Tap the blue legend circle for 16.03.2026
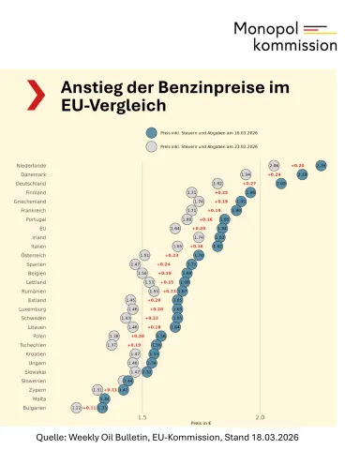pyautogui.click(x=152, y=133)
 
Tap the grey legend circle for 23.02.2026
pyautogui.click(x=152, y=147)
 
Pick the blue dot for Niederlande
pyautogui.click(x=322, y=165)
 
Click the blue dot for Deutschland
pyautogui.click(x=281, y=184)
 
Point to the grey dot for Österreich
pyautogui.click(x=144, y=255)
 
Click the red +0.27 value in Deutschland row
pyautogui.click(x=250, y=184)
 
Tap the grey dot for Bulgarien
pyautogui.click(x=77, y=408)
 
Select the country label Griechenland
pyautogui.click(x=30, y=201)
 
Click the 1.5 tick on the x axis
pyautogui.click(x=142, y=417)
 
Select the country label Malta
pyautogui.click(x=37, y=398)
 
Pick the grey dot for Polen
pyautogui.click(x=114, y=336)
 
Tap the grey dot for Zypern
pyautogui.click(x=97, y=389)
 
